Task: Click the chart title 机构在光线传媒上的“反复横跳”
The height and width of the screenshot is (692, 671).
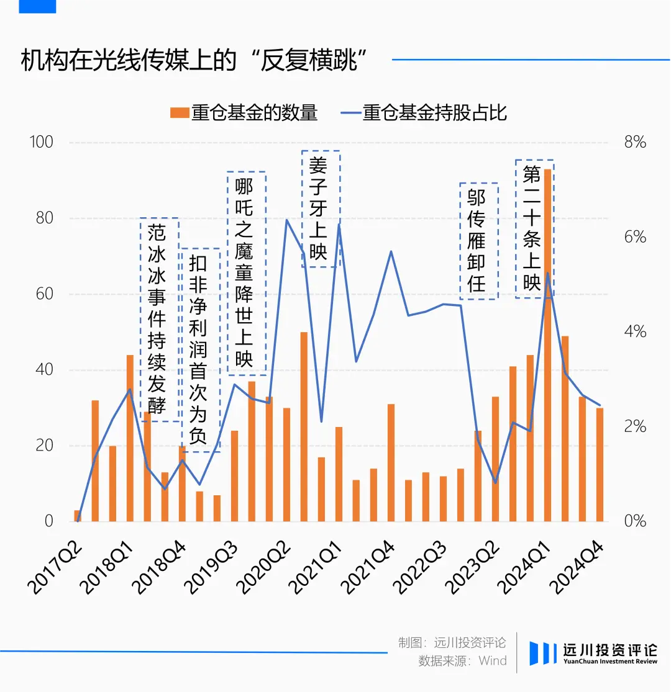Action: (193, 60)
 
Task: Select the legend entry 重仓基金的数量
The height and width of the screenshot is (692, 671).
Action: (244, 113)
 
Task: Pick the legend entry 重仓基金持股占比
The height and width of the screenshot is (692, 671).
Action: (424, 113)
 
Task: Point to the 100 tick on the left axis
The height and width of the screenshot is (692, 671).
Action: (41, 142)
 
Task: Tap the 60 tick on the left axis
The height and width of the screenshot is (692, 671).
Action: (44, 294)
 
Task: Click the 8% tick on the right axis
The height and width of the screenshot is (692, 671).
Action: (635, 142)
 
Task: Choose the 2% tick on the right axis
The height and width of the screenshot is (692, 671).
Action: (635, 426)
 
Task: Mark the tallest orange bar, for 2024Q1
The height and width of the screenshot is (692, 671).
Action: (548, 345)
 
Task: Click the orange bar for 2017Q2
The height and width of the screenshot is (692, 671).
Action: (78, 516)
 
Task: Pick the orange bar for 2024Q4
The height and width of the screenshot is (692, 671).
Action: (600, 465)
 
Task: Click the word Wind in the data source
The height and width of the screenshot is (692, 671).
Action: (493, 661)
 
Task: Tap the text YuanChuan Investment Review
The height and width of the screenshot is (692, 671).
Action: (611, 662)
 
